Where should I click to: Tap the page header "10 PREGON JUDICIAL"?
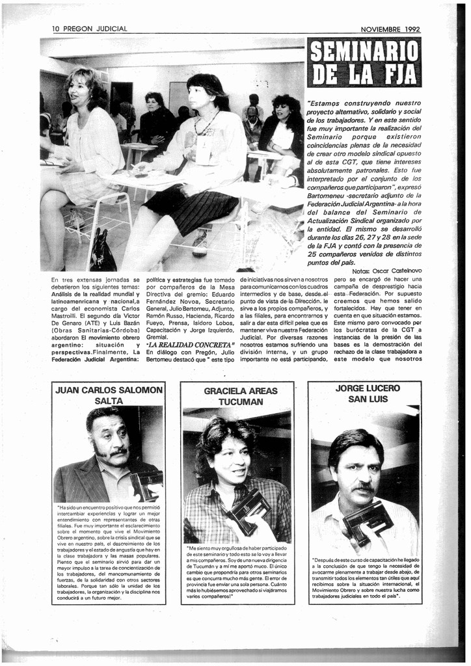(90, 29)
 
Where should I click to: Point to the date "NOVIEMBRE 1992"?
(390, 29)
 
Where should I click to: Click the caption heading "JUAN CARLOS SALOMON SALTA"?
(109, 395)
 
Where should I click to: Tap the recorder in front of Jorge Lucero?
(368, 520)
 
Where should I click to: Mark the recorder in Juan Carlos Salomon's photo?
(146, 485)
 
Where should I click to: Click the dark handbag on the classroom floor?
(102, 252)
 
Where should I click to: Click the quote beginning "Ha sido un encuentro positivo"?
(108, 552)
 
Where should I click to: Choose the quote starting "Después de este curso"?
(364, 578)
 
